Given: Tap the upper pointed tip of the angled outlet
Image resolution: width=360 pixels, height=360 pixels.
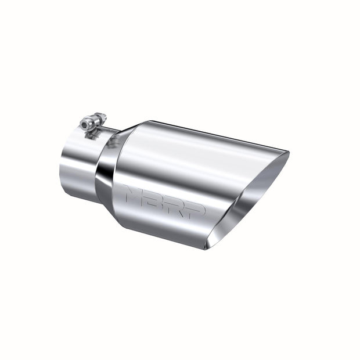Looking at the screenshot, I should pos(286,153).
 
